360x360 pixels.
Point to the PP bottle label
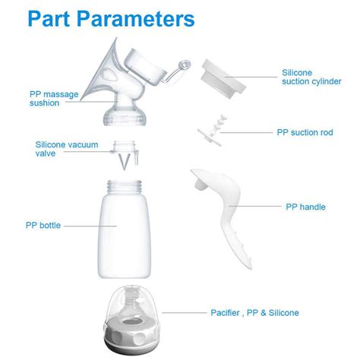coord(41,225)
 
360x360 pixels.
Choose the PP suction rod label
coord(304,132)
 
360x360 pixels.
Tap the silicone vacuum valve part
coord(122,155)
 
